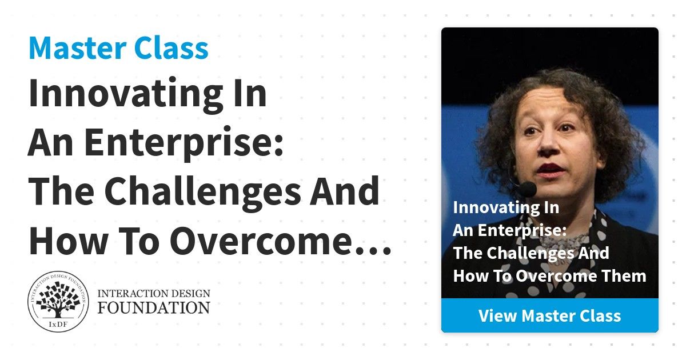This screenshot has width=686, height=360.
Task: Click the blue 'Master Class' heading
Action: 118,49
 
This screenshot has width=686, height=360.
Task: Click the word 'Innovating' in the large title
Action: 126,95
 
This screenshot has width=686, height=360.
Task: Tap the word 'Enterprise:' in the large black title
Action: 184,143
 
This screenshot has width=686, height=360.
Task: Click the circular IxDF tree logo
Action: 58,301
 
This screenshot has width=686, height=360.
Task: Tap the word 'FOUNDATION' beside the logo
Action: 154,307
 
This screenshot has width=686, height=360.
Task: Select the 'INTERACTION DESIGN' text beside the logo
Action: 154,294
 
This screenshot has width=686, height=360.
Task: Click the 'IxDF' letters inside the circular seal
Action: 58,325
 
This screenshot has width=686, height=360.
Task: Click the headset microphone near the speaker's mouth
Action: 527,189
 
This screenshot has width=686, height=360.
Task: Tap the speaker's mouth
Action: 551,170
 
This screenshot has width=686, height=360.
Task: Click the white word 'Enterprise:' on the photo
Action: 523,230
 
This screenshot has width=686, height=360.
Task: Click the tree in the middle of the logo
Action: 58,299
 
